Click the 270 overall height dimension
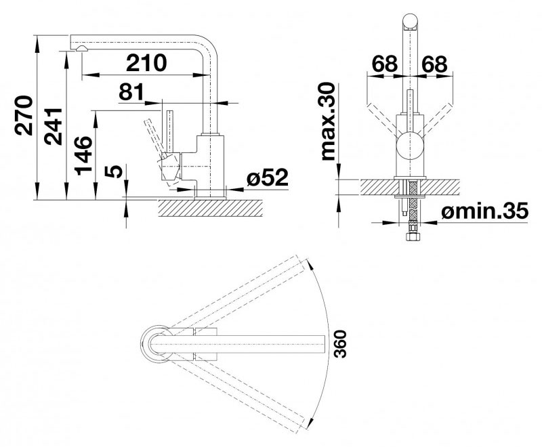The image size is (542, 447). coord(24,116)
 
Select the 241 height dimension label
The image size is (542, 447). coord(53,127)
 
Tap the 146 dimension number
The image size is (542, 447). coord(83,156)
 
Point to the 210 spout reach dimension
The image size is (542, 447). coord(146,62)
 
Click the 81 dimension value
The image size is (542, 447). coord(131,92)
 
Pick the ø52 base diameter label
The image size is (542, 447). coord(268,177)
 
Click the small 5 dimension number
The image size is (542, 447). coord(116,171)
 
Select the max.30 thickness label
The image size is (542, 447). coord(329,122)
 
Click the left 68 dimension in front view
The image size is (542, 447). coord(385,64)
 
